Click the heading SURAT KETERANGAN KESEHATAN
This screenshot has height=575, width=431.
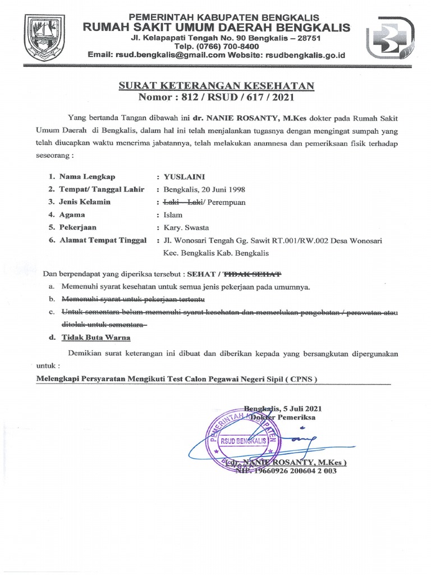[x=216, y=85]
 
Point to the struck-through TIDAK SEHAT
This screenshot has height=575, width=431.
[x=252, y=275]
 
